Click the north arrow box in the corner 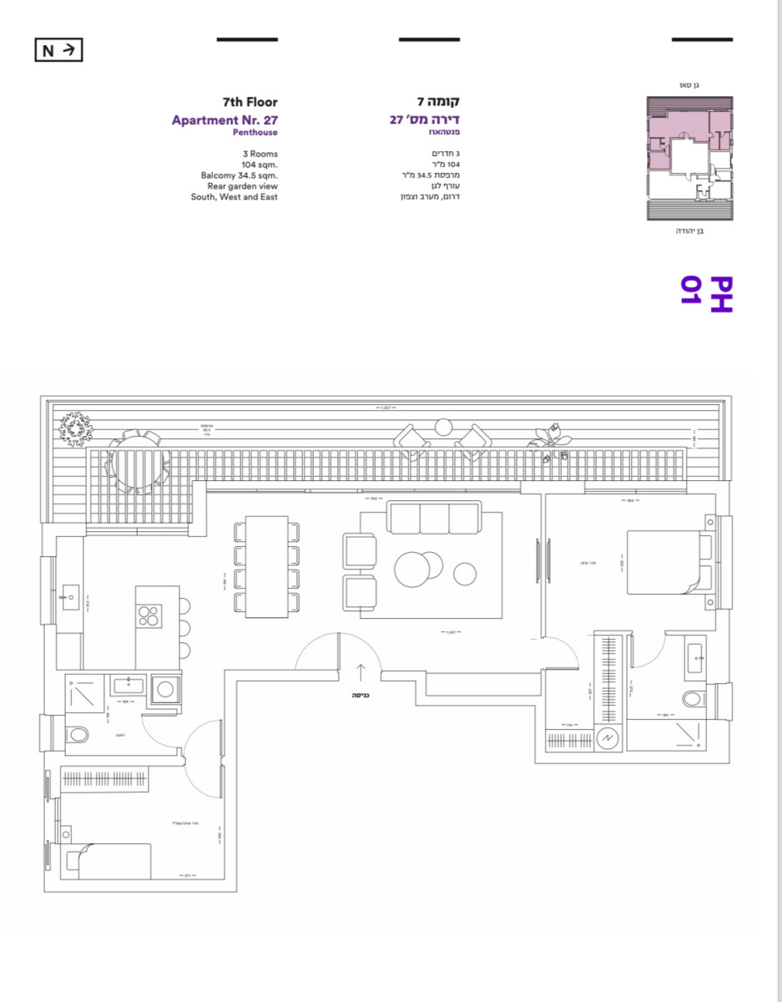click(x=58, y=51)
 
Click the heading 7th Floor click(x=250, y=103)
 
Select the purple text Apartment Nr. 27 click(x=225, y=119)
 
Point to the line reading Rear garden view click(x=242, y=186)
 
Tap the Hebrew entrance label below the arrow click(x=361, y=695)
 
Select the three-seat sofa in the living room click(x=434, y=518)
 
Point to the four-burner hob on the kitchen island click(x=149, y=616)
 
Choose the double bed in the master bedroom click(x=668, y=562)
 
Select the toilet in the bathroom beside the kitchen click(x=78, y=736)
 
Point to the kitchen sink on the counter click(x=68, y=598)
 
